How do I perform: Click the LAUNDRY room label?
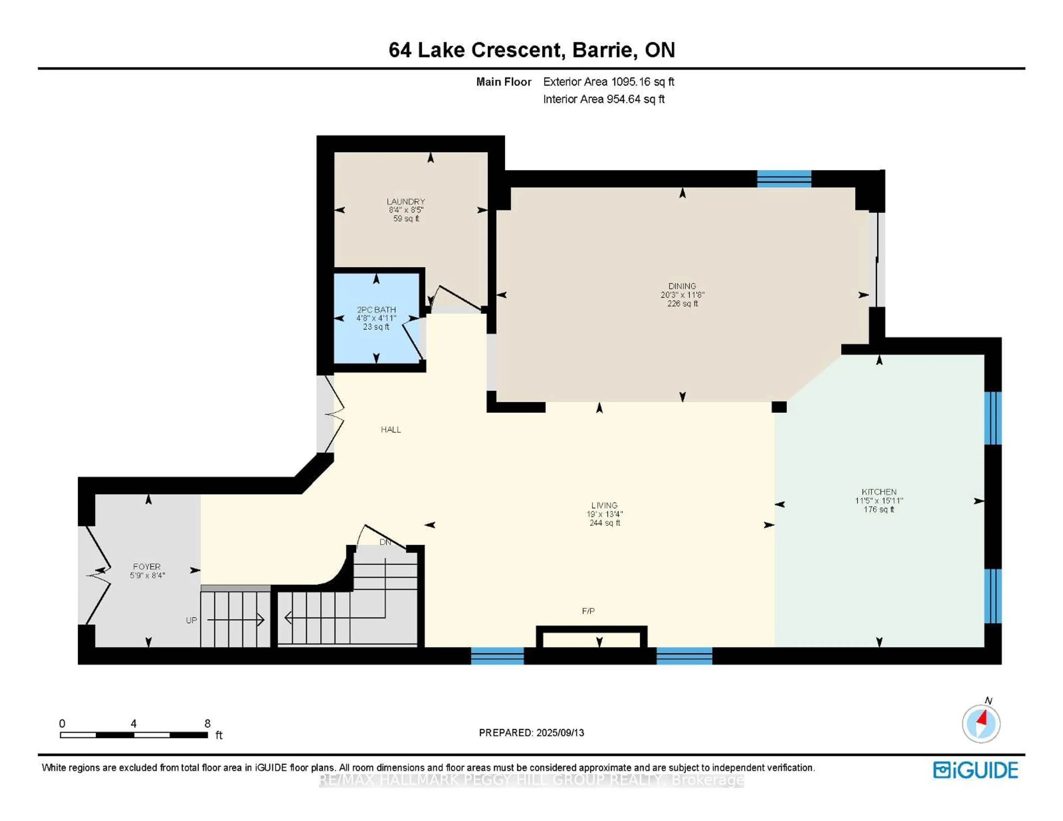coord(406,202)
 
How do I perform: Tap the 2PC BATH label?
coord(376,309)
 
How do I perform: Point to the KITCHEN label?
coord(879,492)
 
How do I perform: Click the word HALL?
coord(391,429)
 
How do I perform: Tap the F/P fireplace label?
coord(589,611)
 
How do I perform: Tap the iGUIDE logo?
coord(976,770)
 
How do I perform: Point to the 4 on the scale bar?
coord(133,723)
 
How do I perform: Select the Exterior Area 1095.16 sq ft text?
coord(608,82)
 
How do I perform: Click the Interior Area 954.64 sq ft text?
coord(603,99)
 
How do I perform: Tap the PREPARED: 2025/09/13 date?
coord(531,732)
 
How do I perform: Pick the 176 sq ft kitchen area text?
coord(879,510)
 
